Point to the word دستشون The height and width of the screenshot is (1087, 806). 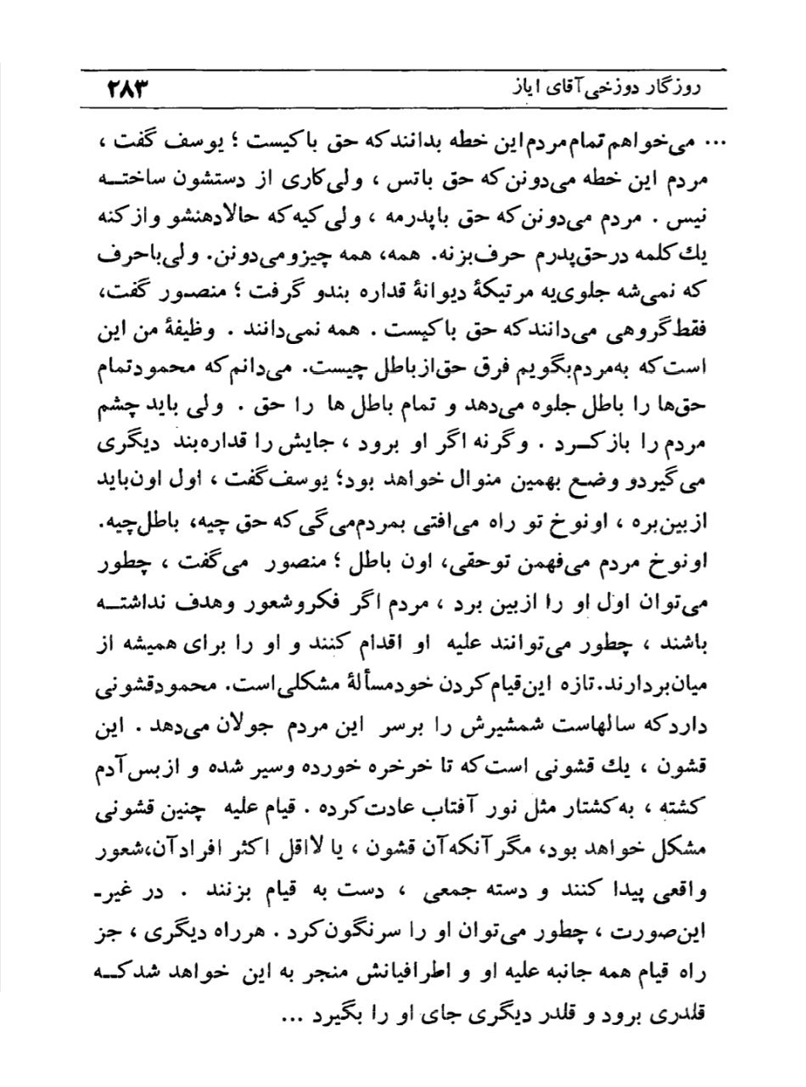point(580,180)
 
